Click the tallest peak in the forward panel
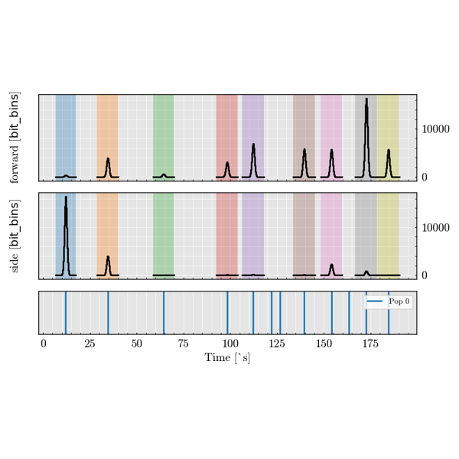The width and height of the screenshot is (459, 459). [366, 99]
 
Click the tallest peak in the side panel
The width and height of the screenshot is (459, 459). [66, 197]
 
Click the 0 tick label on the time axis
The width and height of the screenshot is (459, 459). [44, 344]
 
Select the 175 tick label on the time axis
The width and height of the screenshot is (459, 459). [369, 344]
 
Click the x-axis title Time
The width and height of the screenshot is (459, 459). [227, 358]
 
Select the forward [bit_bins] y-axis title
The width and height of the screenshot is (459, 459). [15, 138]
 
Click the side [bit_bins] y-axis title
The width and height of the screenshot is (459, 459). [15, 236]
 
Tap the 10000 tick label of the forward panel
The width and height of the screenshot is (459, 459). [436, 129]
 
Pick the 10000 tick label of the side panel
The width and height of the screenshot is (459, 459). [436, 228]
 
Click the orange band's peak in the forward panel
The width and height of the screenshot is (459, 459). [108, 159]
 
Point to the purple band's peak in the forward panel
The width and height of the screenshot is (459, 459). [253, 145]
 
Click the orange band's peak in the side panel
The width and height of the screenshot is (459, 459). [108, 257]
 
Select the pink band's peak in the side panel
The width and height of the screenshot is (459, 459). [331, 265]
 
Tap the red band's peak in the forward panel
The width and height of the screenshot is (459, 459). [227, 163]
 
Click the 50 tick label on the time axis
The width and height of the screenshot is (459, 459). [136, 344]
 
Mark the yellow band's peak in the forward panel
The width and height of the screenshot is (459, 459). [389, 151]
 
